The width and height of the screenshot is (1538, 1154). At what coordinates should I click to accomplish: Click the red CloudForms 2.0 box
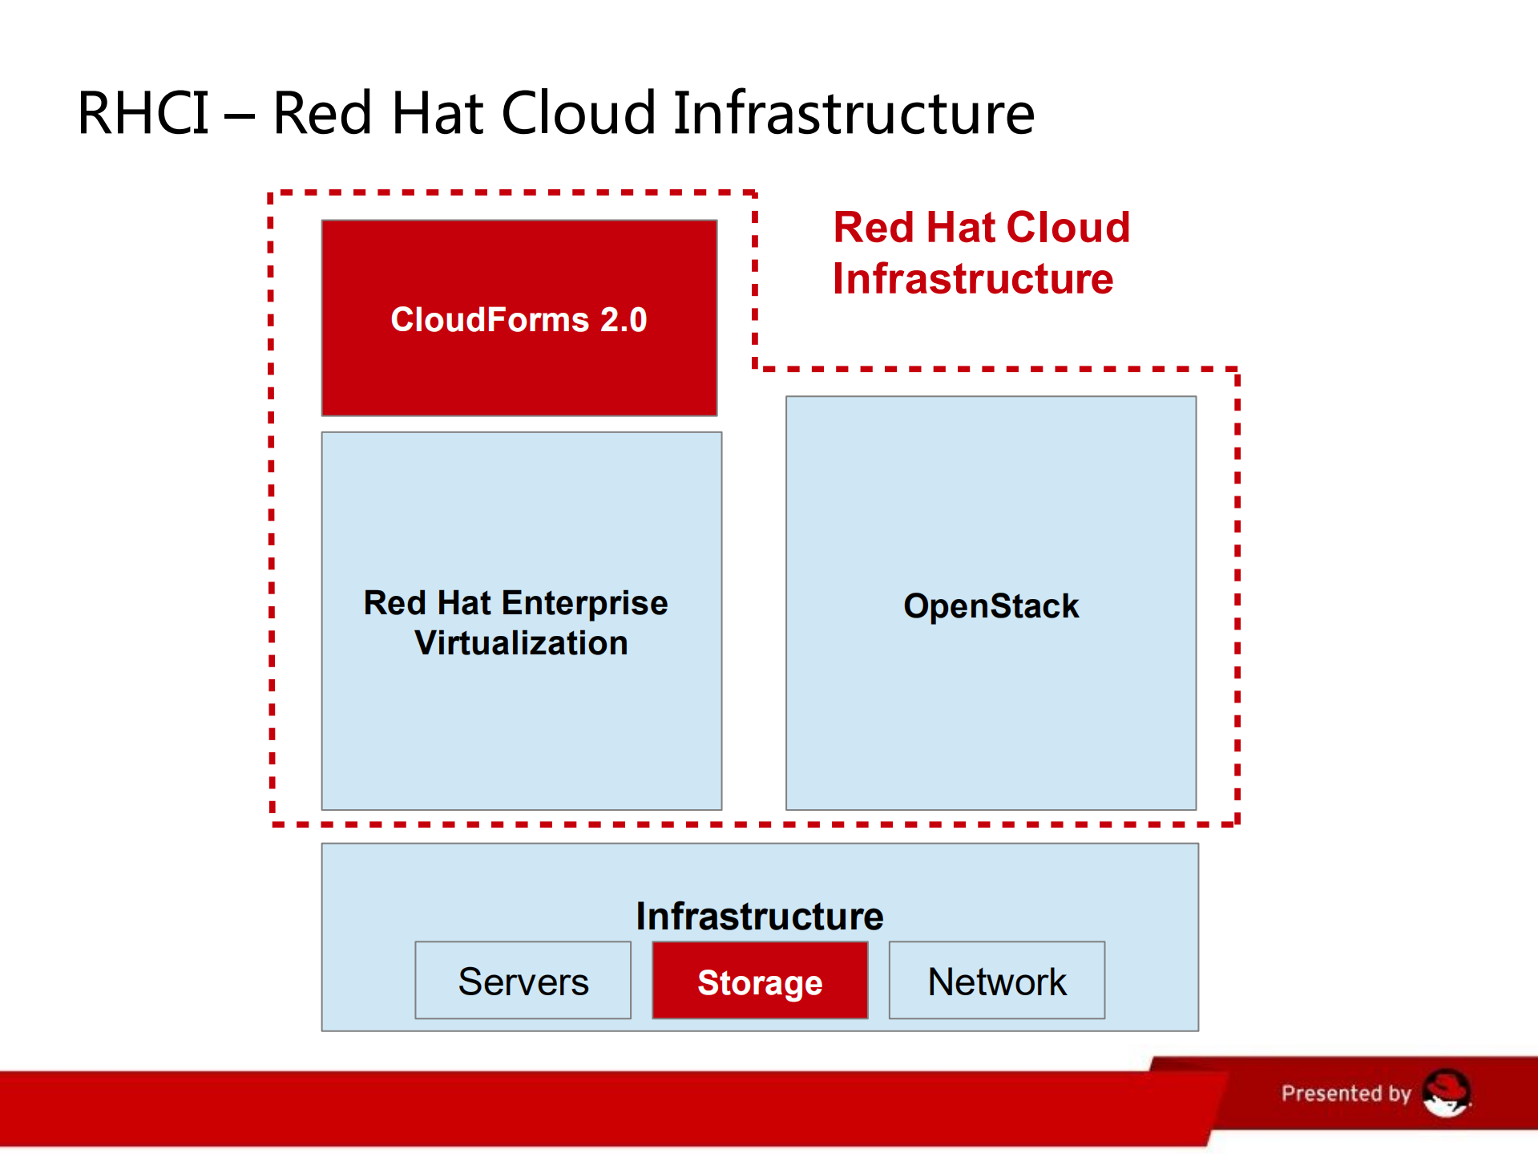click(519, 318)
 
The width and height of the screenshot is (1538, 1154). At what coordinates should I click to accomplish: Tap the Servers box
click(523, 981)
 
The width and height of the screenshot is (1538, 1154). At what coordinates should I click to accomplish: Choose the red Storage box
click(760, 981)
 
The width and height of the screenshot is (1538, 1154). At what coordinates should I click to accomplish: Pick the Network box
click(997, 981)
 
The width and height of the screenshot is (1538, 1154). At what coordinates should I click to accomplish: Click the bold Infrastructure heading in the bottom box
click(760, 916)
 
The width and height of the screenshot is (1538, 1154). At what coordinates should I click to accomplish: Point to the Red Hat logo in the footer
click(1447, 1093)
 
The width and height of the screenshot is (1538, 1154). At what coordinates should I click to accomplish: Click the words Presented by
click(1346, 1093)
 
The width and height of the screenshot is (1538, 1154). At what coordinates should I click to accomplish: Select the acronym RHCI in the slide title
click(143, 113)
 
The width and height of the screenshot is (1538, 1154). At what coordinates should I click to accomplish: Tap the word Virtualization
click(521, 643)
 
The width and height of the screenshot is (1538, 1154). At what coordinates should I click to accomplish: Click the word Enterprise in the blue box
click(585, 604)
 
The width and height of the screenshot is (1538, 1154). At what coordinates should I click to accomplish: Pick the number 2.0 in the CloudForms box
click(624, 320)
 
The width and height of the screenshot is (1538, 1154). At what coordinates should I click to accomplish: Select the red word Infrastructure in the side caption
click(973, 279)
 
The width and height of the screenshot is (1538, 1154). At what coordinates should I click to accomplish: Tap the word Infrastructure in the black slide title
click(854, 113)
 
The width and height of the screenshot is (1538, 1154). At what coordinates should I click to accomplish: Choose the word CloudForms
click(490, 320)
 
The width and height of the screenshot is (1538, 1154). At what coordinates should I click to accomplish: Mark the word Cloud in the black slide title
click(579, 113)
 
